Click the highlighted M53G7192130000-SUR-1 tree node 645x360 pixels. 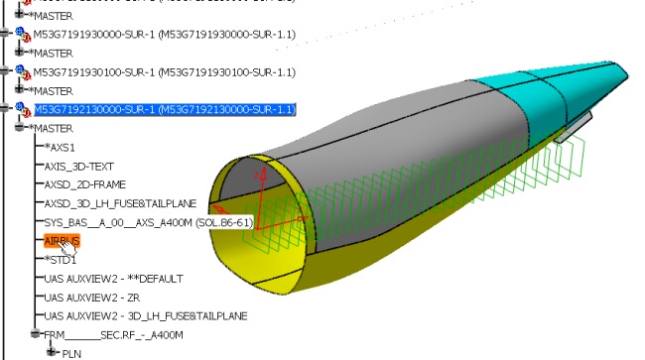[x=164, y=108]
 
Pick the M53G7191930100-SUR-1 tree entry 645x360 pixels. [x=164, y=71]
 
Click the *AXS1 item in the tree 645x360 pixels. [x=63, y=147]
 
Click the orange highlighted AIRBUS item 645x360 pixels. [x=61, y=241]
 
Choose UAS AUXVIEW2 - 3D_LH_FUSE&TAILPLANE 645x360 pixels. [x=139, y=316]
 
